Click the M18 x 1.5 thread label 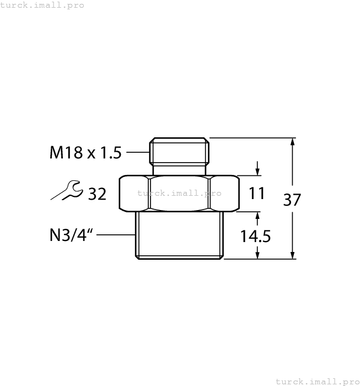(x=85, y=153)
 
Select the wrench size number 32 (x=97, y=194)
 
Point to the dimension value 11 (x=256, y=194)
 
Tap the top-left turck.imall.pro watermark (x=42, y=5)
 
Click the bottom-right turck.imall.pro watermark (x=317, y=381)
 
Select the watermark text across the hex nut (x=179, y=193)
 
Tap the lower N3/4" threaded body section (x=179, y=235)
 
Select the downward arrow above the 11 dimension (x=257, y=170)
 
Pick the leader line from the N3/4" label (x=118, y=235)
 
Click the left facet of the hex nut (x=134, y=194)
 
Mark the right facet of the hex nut (x=224, y=194)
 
